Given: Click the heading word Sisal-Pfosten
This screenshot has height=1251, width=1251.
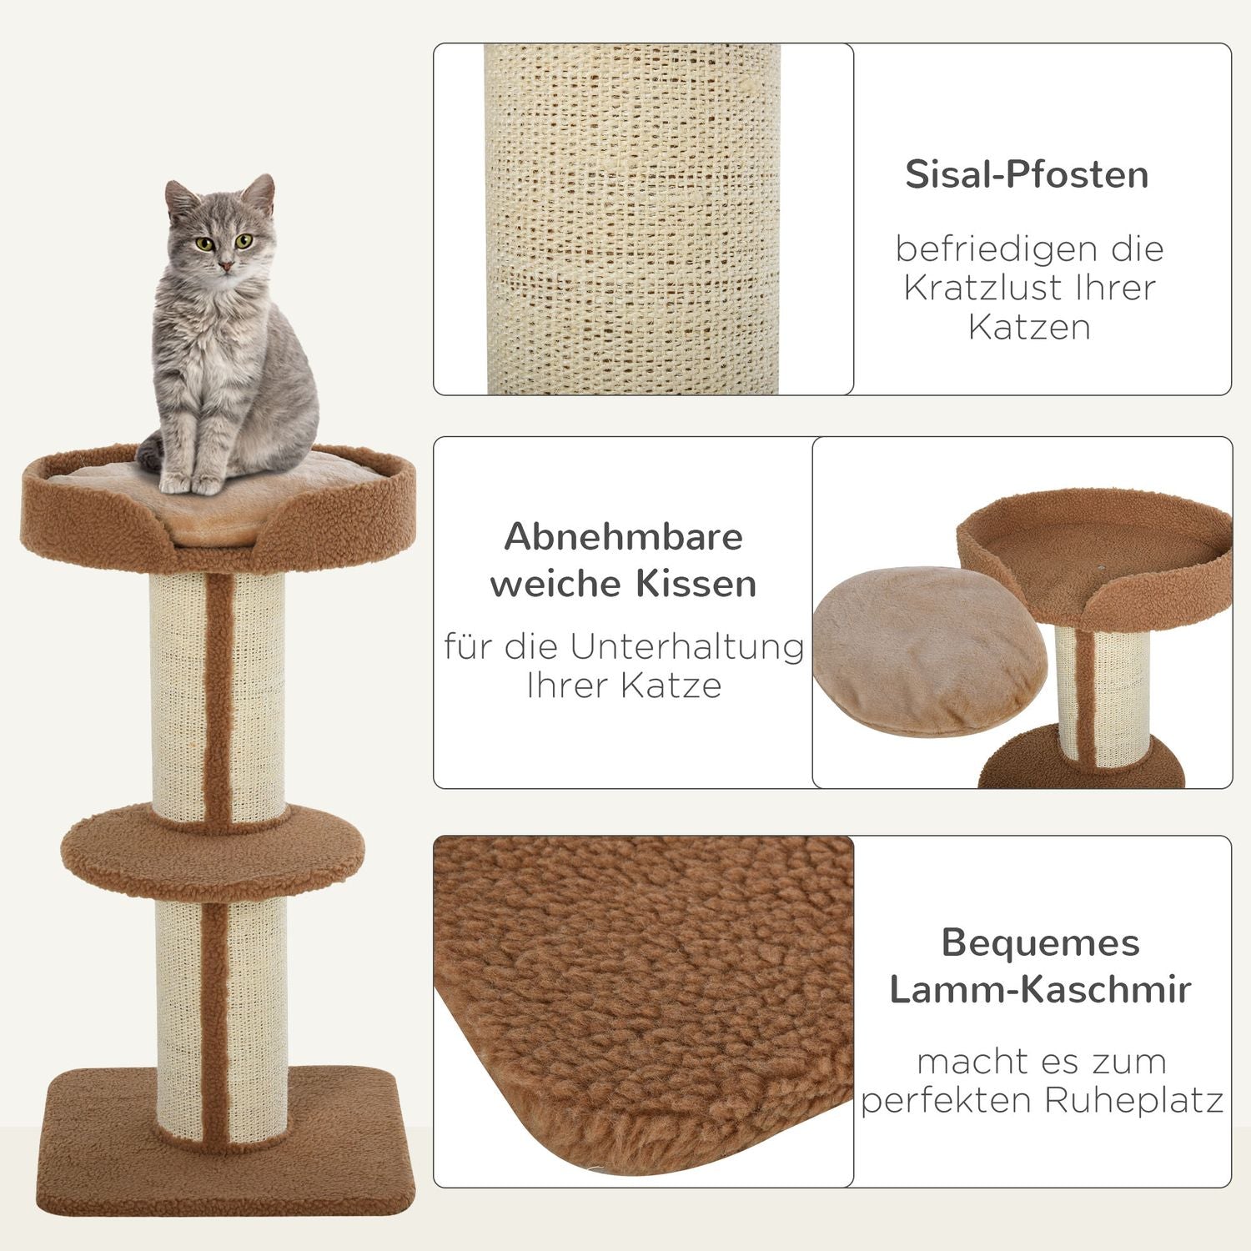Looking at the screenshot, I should [1027, 174].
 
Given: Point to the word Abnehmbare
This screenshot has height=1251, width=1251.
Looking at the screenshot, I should [623, 536].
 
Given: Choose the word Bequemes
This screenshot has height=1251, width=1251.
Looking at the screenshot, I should [1040, 943].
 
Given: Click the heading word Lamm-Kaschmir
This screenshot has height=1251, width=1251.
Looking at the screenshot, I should [1040, 989].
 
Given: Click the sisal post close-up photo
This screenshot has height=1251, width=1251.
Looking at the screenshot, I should [632, 219].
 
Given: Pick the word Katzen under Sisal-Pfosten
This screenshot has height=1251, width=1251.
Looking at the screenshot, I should [1029, 327].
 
